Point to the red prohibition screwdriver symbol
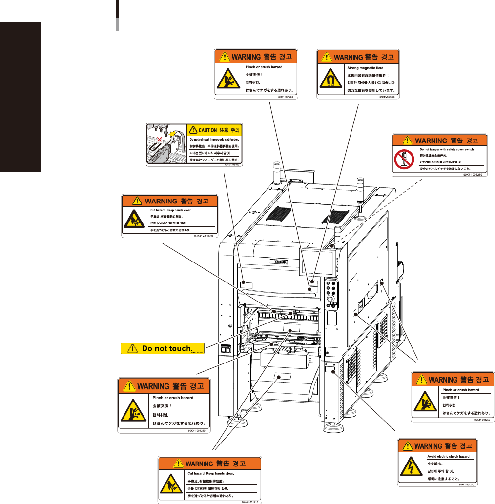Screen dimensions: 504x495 click(x=405, y=160)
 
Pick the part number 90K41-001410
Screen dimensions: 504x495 click(x=250, y=501)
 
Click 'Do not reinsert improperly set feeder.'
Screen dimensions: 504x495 click(x=215, y=139)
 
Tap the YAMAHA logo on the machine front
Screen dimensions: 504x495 click(x=280, y=261)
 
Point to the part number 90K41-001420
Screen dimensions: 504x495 click(x=387, y=97)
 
